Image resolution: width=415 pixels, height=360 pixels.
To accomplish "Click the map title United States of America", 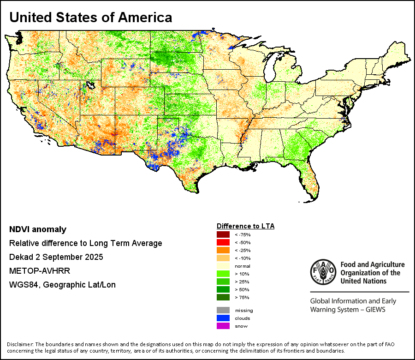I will coord(91,18).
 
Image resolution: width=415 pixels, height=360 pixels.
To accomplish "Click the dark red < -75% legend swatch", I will coord(223,235).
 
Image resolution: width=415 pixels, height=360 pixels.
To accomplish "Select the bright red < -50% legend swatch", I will coord(223,242).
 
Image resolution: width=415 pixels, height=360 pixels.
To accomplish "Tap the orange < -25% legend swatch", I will coord(223,250).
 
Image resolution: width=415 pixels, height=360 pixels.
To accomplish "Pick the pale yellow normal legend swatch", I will coord(223,266).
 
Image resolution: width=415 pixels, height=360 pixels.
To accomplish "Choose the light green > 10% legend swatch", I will coord(223,273).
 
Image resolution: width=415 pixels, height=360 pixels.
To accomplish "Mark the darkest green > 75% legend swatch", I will coord(223,297).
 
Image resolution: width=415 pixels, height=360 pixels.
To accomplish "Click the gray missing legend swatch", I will coord(223,310).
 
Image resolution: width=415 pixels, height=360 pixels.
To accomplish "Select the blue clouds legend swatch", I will coord(223,318).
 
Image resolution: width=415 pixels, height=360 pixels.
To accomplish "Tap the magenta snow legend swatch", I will coord(223,326).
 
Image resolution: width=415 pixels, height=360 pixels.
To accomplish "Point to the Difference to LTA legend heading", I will coord(245,226).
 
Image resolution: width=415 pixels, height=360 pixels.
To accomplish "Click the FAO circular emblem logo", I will coord(322,271).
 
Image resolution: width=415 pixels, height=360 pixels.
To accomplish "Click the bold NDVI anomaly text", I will coord(38,229).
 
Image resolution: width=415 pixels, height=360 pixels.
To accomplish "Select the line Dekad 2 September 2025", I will coord(56,257).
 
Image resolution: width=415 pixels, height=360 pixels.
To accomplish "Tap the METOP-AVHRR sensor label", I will coord(39,271).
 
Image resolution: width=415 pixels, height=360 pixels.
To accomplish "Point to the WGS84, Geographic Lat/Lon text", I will coord(62,285).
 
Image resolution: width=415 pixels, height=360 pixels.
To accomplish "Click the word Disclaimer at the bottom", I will coord(20,344).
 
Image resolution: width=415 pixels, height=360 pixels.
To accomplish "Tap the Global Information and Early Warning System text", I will coord(353,305).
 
